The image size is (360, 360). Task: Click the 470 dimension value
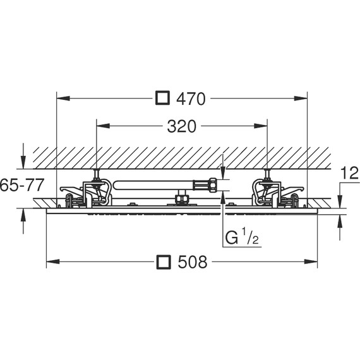point(191,99)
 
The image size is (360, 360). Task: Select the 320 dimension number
point(182,126)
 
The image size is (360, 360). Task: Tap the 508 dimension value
point(193,262)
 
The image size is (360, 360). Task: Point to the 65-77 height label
point(22,185)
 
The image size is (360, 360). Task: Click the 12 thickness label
point(350,173)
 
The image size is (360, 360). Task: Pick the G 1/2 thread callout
point(242,237)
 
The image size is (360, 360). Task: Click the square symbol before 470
point(162,98)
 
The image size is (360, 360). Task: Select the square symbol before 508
point(164,261)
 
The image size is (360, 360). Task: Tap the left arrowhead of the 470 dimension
point(63,99)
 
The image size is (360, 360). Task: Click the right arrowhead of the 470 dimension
point(301,99)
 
